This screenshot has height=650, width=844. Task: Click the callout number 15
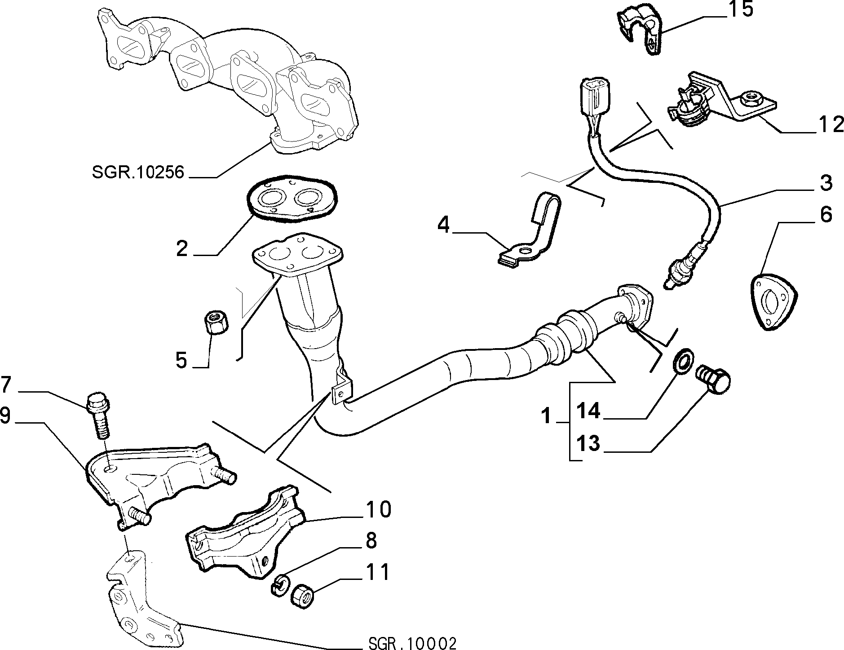[x=740, y=9]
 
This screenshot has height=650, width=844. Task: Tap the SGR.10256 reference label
[x=138, y=172]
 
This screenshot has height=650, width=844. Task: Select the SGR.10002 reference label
[x=411, y=642]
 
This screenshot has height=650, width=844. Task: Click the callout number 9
[x=5, y=416]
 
